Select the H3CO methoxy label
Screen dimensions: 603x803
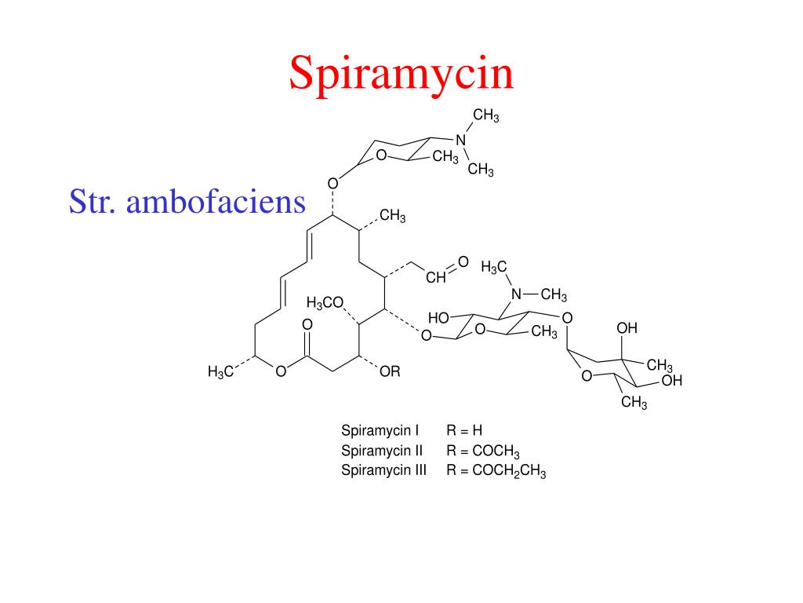325,303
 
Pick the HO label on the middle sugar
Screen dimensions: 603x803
438,318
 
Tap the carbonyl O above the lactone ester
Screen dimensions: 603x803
307,324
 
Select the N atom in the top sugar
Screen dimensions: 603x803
461,140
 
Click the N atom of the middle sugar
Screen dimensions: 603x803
516,295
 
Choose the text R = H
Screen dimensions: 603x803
463,430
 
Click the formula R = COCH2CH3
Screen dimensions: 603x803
496,472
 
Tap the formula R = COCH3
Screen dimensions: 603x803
483,451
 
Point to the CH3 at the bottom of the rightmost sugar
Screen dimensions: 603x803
634,404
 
